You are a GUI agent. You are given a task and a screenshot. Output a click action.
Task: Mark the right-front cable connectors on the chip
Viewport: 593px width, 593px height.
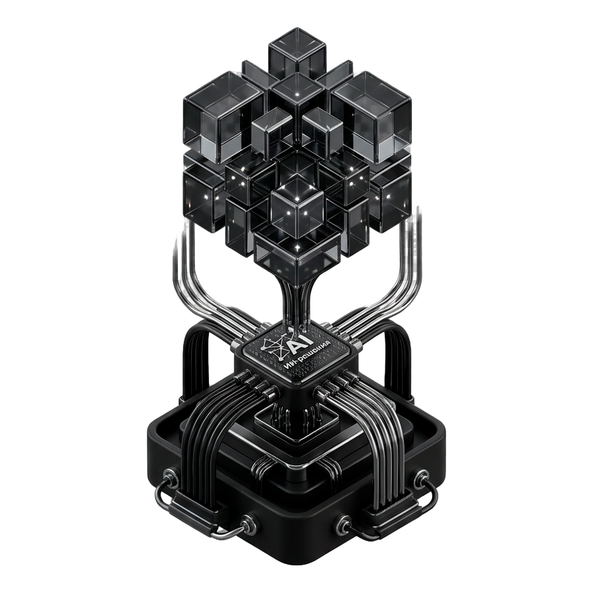pyautogui.click(x=329, y=389)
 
